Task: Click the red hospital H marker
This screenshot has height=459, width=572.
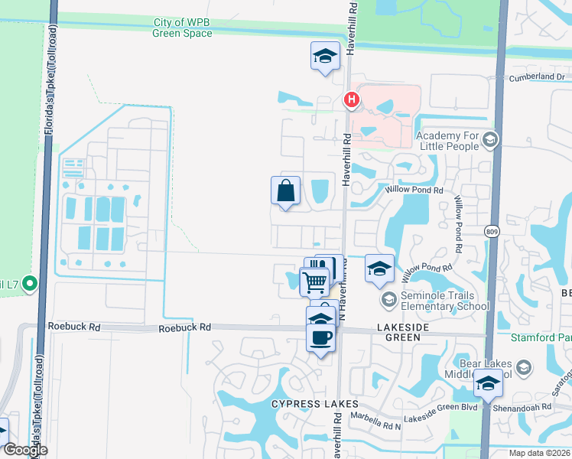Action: tap(351, 99)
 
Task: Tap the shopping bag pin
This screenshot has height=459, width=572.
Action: tap(285, 190)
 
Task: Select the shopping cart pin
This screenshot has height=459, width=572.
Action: tap(314, 282)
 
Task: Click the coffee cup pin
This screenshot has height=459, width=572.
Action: tap(320, 337)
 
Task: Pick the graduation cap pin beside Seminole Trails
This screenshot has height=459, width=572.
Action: tap(379, 269)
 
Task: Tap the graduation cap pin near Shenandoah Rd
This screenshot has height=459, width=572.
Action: tap(488, 383)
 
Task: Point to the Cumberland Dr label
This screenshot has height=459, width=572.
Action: tap(538, 77)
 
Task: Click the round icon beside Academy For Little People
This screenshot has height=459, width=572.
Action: tap(491, 139)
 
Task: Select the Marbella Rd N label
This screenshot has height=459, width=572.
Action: tap(375, 417)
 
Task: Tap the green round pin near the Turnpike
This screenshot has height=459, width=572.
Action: tap(30, 285)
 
